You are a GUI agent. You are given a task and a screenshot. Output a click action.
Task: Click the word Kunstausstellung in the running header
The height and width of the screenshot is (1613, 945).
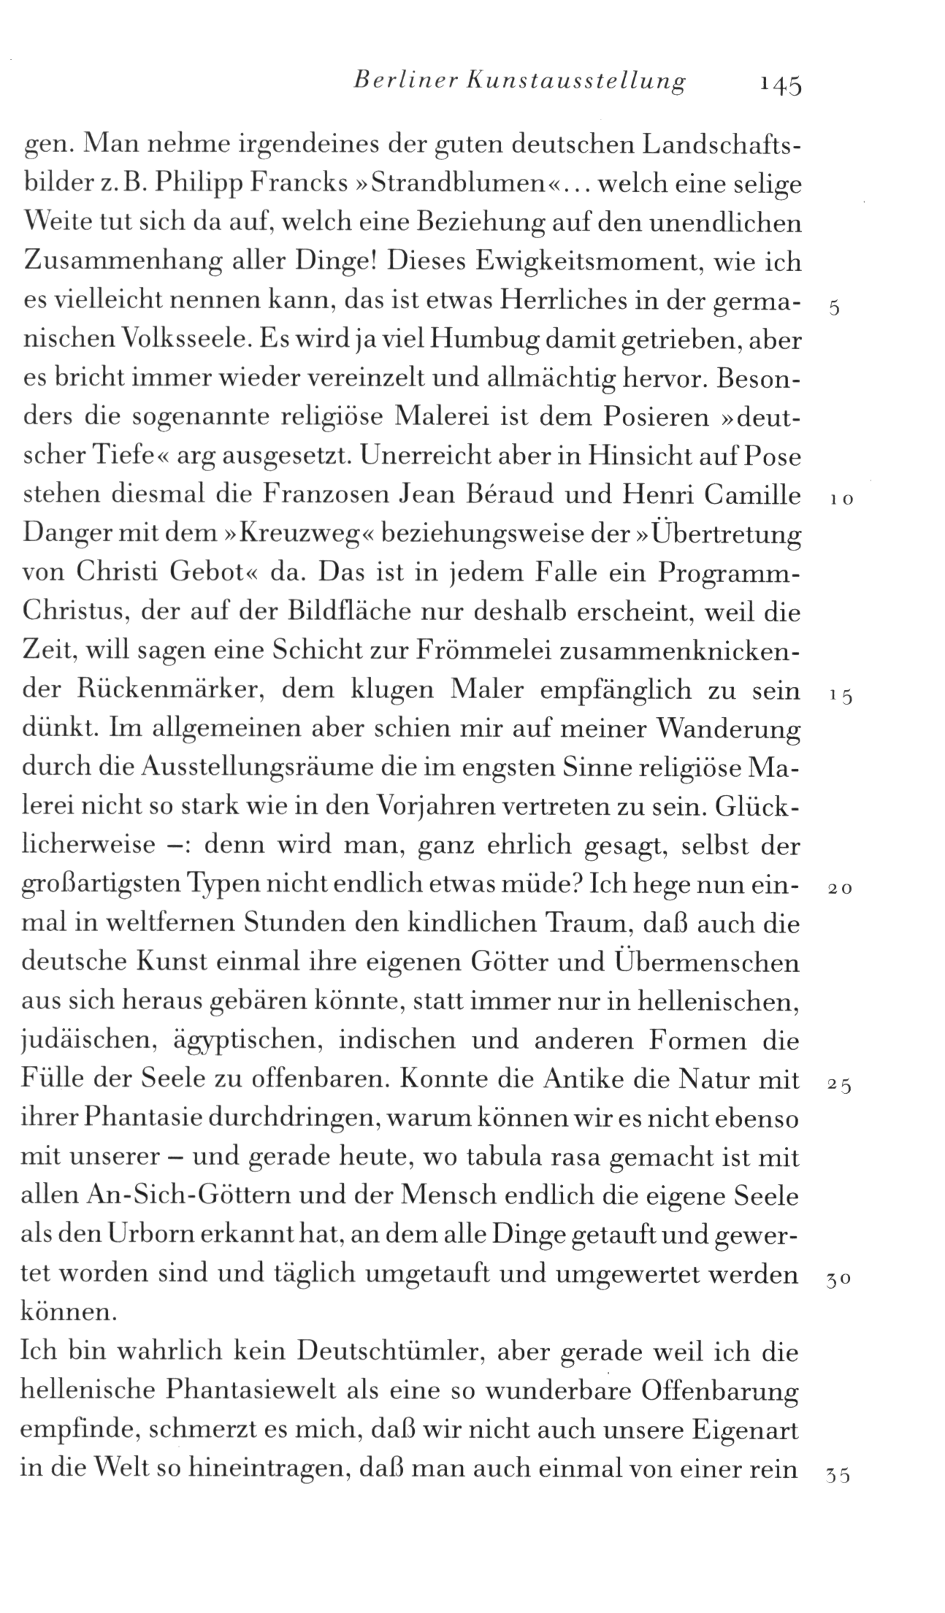tap(558, 81)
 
